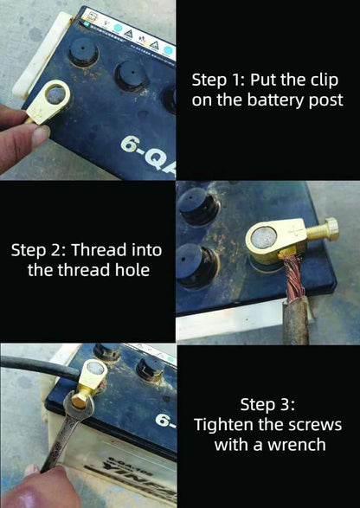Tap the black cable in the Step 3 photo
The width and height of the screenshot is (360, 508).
tap(35, 372)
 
